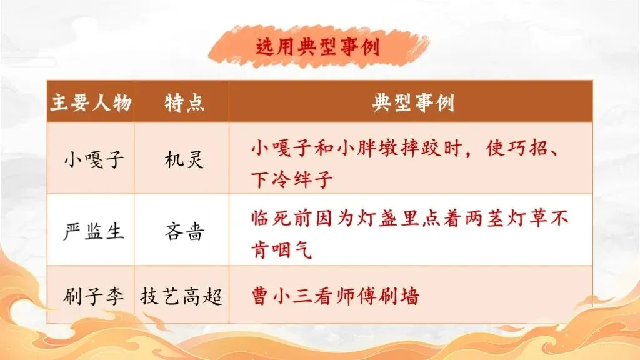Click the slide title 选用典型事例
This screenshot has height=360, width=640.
pyautogui.click(x=317, y=46)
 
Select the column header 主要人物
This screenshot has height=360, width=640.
pyautogui.click(x=91, y=102)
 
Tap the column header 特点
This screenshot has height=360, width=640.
pyautogui.click(x=184, y=102)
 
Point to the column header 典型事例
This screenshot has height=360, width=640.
pyautogui.click(x=413, y=102)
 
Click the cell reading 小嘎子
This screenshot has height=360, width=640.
pyautogui.click(x=94, y=159)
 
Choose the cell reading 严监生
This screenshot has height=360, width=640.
pyautogui.click(x=94, y=231)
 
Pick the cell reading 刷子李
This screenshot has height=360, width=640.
pyautogui.click(x=94, y=296)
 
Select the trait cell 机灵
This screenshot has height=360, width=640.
pyautogui.click(x=184, y=159)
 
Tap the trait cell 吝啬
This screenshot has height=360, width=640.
pyautogui.click(x=184, y=231)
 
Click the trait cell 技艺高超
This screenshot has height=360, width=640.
pyautogui.click(x=181, y=296)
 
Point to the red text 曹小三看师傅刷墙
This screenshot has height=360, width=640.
pyautogui.click(x=336, y=296)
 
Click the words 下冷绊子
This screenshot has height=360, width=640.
pyautogui.click(x=292, y=179)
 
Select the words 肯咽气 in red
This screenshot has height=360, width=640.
pyautogui.click(x=282, y=249)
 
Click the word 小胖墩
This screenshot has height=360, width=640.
pyautogui.click(x=367, y=148)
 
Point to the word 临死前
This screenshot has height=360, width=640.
pyautogui.click(x=282, y=218)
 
